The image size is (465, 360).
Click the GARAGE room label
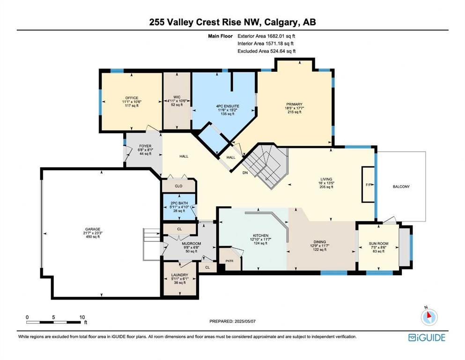93,229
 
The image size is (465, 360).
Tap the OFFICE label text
132,98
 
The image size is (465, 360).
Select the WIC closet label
177,97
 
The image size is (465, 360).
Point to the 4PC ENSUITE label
228,106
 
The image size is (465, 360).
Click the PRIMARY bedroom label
294,104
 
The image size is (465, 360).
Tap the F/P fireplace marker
369,185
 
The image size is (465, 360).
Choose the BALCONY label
401,187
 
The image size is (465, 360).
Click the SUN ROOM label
378,243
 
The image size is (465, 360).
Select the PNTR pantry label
229,261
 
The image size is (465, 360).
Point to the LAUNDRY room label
180,275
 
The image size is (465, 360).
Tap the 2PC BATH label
179,203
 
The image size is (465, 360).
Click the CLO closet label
178,186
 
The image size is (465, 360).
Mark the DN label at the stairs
245,172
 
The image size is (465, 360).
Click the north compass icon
429,317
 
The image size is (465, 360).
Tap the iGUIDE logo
427,337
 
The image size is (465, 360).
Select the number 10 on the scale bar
82,317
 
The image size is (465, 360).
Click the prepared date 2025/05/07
245,321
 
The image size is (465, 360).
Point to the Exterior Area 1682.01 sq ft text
266,36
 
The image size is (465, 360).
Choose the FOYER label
145,146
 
